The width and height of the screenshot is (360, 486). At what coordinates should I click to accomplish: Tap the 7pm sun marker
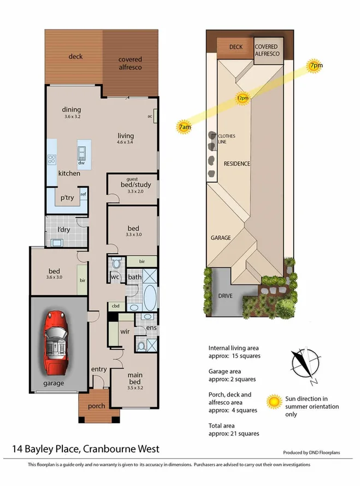[315, 66]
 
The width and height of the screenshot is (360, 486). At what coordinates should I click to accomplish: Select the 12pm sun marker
[243, 98]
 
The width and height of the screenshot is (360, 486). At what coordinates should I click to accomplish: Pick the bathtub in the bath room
[150, 297]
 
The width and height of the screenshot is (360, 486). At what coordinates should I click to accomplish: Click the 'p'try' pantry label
[67, 198]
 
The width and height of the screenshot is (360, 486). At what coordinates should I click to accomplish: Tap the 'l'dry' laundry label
[65, 230]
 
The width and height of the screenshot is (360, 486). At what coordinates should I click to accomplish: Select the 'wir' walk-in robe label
[125, 331]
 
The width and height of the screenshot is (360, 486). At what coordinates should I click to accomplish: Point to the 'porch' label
[96, 406]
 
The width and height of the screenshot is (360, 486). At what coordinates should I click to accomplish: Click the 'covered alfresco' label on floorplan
[130, 63]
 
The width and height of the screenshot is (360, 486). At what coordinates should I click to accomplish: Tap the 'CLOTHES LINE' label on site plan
[226, 139]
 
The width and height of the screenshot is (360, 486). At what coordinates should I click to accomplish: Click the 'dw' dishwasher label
[81, 162]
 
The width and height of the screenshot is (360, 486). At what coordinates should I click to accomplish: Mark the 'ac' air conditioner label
[150, 116]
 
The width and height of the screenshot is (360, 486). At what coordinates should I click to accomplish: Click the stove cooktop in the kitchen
[52, 160]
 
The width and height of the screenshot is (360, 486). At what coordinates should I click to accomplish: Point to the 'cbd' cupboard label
[115, 306]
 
